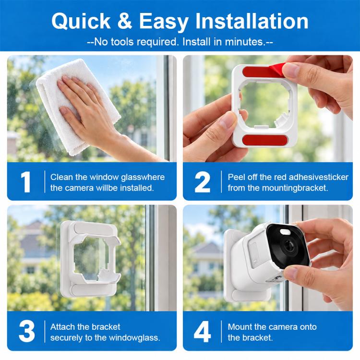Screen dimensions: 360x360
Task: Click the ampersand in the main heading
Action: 125,21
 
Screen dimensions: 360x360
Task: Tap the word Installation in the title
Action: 252,21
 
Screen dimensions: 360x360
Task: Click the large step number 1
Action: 26,182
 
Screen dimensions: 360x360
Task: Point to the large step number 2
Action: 202,182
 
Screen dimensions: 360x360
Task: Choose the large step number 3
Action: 26,332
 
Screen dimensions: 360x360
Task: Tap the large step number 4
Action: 202,332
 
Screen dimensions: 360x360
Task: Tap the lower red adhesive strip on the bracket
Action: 264,140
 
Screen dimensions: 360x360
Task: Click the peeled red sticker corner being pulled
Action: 277,69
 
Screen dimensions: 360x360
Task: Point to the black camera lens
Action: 288,246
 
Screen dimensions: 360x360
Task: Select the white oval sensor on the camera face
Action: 285,232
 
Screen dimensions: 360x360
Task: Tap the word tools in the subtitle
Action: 121,42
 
